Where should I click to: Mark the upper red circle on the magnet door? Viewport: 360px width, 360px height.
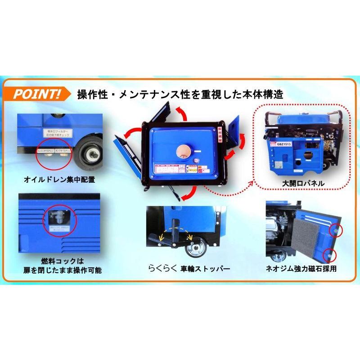[335, 230]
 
